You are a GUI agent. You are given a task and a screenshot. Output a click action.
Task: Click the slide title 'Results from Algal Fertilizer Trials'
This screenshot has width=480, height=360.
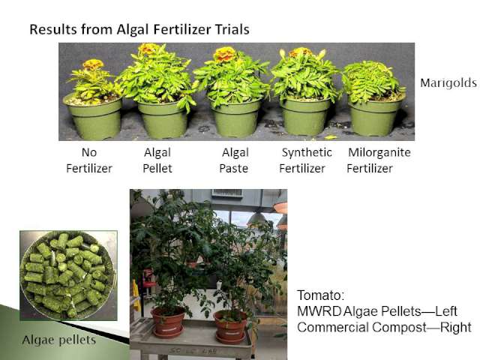pyautogui.click(x=139, y=30)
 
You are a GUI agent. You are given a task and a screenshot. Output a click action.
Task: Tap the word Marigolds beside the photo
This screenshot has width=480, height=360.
pyautogui.click(x=448, y=83)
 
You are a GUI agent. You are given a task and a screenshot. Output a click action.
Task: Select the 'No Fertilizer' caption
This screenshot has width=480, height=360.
pyautogui.click(x=89, y=160)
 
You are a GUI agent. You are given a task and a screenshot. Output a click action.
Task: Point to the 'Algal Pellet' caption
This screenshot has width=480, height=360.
pyautogui.click(x=157, y=160)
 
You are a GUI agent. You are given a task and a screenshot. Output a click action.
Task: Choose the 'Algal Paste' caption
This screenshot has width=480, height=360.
pyautogui.click(x=234, y=160)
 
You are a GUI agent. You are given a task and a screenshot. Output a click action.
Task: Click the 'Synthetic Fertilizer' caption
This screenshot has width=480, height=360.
pyautogui.click(x=305, y=160)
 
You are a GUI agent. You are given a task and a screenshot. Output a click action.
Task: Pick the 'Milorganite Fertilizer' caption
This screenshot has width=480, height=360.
pyautogui.click(x=379, y=160)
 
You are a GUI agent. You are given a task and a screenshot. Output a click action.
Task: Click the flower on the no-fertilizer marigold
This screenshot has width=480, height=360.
pyautogui.click(x=93, y=64)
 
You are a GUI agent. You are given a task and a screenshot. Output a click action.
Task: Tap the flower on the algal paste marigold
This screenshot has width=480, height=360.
pyautogui.click(x=225, y=55)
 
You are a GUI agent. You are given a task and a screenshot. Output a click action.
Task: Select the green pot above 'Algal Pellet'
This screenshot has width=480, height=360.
pyautogui.click(x=162, y=119)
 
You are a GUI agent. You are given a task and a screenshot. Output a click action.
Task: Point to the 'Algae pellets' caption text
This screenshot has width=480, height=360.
pyautogui.click(x=59, y=340)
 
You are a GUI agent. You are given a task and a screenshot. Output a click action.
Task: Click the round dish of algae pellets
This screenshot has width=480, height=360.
pyautogui.click(x=68, y=275)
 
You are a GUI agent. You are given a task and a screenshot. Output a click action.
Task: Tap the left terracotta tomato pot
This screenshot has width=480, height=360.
pyautogui.click(x=167, y=322)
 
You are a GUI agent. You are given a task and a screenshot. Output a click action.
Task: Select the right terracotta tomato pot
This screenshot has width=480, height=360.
pyautogui.click(x=231, y=326)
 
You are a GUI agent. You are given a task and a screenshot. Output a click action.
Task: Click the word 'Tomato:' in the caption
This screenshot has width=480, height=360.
pyautogui.click(x=321, y=295)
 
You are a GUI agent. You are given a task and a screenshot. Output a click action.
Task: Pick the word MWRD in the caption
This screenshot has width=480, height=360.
pyautogui.click(x=319, y=312)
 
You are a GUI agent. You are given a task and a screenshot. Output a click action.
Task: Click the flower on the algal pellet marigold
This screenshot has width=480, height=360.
pyautogui.click(x=148, y=49)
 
